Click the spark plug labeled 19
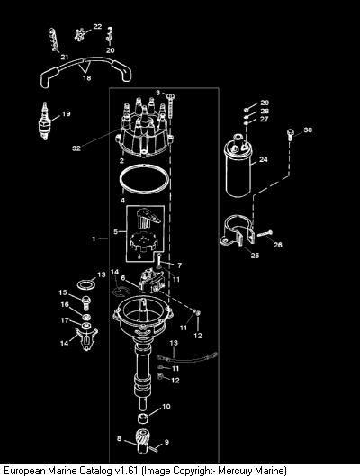(x=45, y=121)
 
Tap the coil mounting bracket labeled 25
(x=238, y=230)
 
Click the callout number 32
(x=76, y=148)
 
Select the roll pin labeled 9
(x=156, y=447)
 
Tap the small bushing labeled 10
(x=142, y=418)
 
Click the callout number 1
(x=94, y=239)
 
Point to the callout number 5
(x=115, y=231)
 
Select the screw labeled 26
(x=265, y=234)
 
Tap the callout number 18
(x=86, y=78)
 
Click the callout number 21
(x=65, y=57)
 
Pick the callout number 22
(x=97, y=26)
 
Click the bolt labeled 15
(x=86, y=302)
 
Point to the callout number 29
(x=265, y=103)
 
